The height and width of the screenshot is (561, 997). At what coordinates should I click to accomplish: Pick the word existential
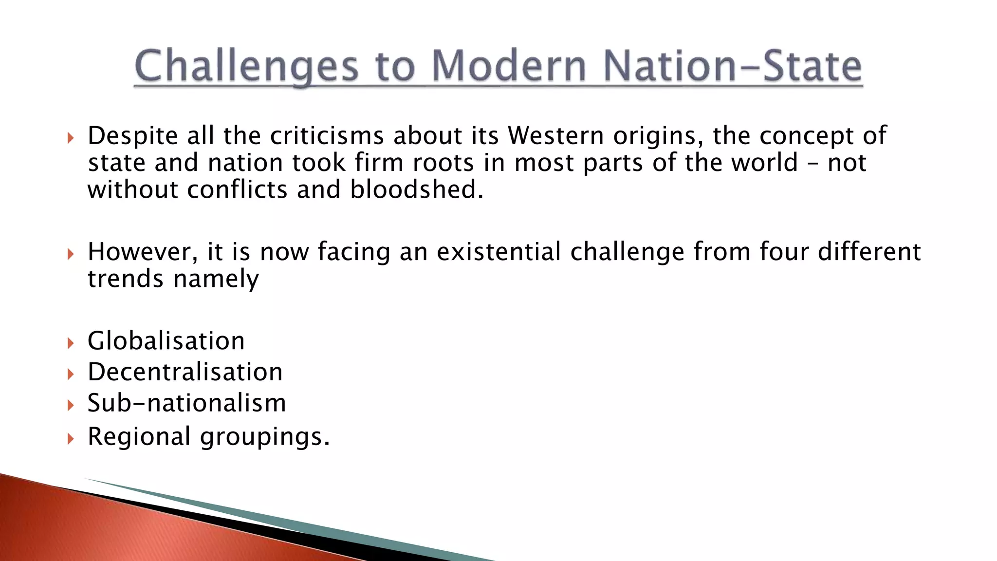pos(498,252)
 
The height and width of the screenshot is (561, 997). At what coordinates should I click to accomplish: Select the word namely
pos(216,279)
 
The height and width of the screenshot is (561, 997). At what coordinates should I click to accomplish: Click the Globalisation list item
pos(166,340)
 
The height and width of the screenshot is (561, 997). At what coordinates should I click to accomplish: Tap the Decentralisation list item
pos(185,372)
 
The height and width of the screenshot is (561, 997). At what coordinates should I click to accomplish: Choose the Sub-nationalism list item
pos(186,403)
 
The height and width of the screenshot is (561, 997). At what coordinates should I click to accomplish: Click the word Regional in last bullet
pos(139,436)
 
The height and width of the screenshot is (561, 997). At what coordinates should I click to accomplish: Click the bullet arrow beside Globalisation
pos(71,343)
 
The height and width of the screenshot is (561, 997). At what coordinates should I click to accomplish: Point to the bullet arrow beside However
pos(71,254)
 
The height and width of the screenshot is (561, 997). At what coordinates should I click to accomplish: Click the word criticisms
pos(327,135)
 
